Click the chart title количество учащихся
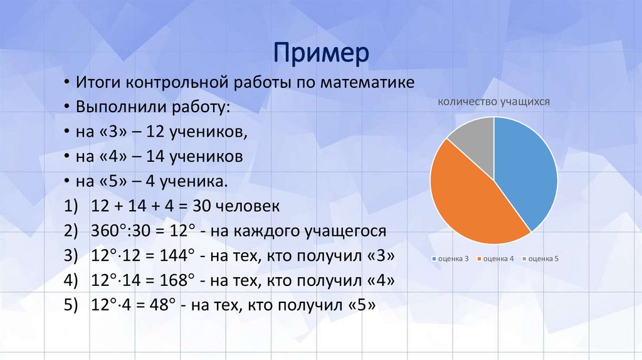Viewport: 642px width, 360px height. point(494,101)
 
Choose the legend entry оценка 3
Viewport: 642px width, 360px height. point(451,258)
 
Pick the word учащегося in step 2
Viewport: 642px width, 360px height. point(332,231)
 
